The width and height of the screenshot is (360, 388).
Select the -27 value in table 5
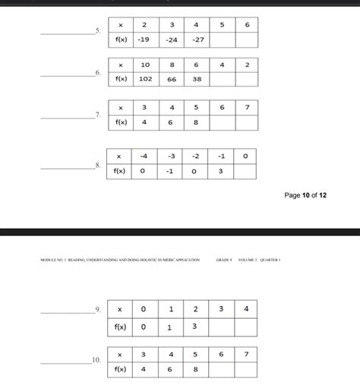point(197,39)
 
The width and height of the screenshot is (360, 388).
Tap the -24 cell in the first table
point(172,39)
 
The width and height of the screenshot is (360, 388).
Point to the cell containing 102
point(146,78)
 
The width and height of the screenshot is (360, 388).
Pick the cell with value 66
point(172,78)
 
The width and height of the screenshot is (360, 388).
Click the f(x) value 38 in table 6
point(197,78)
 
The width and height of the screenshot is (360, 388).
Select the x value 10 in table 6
point(146,65)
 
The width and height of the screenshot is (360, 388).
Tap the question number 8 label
point(97,165)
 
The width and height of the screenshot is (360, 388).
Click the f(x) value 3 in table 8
point(219,171)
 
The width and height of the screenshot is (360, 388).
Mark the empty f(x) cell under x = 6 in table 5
point(247,39)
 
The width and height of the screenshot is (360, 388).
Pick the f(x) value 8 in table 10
point(197,369)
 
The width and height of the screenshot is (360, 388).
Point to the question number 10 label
point(96,361)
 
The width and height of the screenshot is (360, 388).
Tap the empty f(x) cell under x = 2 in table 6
point(247,78)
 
